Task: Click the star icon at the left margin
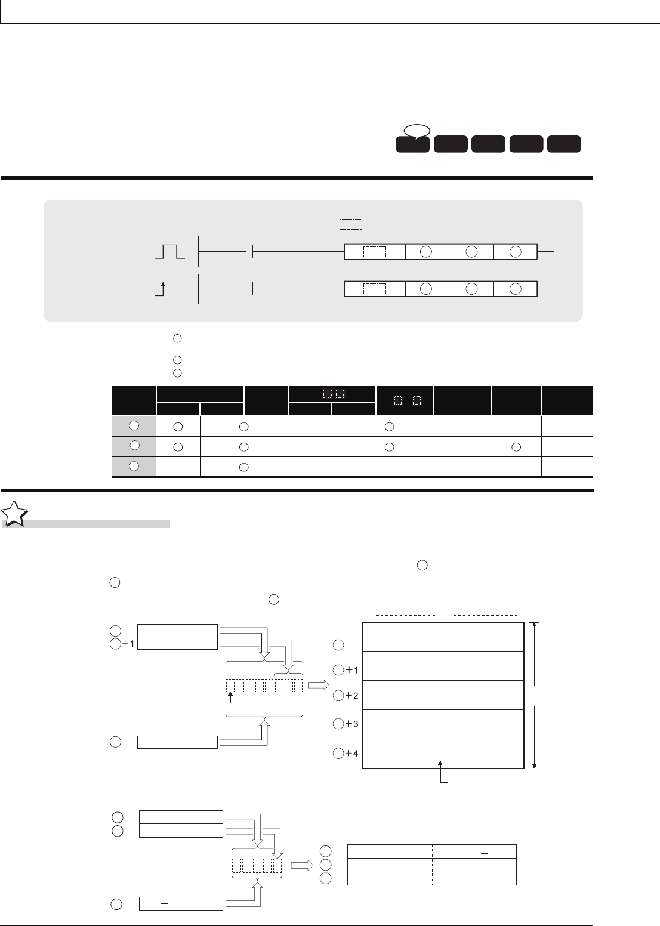[14, 514]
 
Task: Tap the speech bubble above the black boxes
[417, 131]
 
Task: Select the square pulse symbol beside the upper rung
[169, 251]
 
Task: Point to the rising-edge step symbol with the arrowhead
[165, 289]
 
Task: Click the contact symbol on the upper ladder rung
[249, 251]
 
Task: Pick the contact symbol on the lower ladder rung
[249, 289]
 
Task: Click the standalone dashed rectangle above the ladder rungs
[351, 224]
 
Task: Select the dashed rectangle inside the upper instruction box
[375, 252]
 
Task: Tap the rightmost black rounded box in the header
[564, 144]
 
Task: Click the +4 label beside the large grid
[352, 753]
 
